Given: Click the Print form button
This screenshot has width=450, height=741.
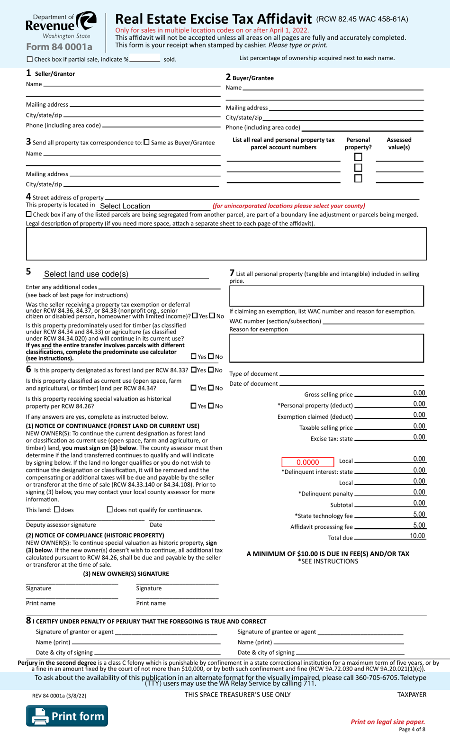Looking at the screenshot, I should point(67,716).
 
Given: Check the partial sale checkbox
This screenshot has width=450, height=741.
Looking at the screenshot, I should point(30,60).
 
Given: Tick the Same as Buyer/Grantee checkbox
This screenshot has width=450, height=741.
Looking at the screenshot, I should point(146,142).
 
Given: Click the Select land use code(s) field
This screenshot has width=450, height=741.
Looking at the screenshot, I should point(126,274).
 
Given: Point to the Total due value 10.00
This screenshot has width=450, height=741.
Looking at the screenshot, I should point(417,536).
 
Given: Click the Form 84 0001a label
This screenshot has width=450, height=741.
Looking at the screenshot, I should point(59,47).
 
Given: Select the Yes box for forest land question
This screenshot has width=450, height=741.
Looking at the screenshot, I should point(194,370).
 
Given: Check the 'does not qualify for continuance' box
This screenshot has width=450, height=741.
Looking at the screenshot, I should point(110,509).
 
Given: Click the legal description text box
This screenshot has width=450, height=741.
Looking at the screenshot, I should point(226,244).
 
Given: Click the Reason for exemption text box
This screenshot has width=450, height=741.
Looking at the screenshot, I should point(326,348).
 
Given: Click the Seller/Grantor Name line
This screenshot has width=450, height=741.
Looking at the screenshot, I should point(131,84).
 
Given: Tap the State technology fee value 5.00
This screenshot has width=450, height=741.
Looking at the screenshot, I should point(419,515).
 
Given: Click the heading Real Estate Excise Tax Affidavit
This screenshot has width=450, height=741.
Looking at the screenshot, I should point(213,19).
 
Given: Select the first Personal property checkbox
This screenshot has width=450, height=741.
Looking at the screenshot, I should point(358,157).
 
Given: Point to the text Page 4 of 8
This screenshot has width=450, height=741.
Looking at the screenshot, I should point(412,730).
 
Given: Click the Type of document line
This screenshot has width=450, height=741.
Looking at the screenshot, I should point(351,373).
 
